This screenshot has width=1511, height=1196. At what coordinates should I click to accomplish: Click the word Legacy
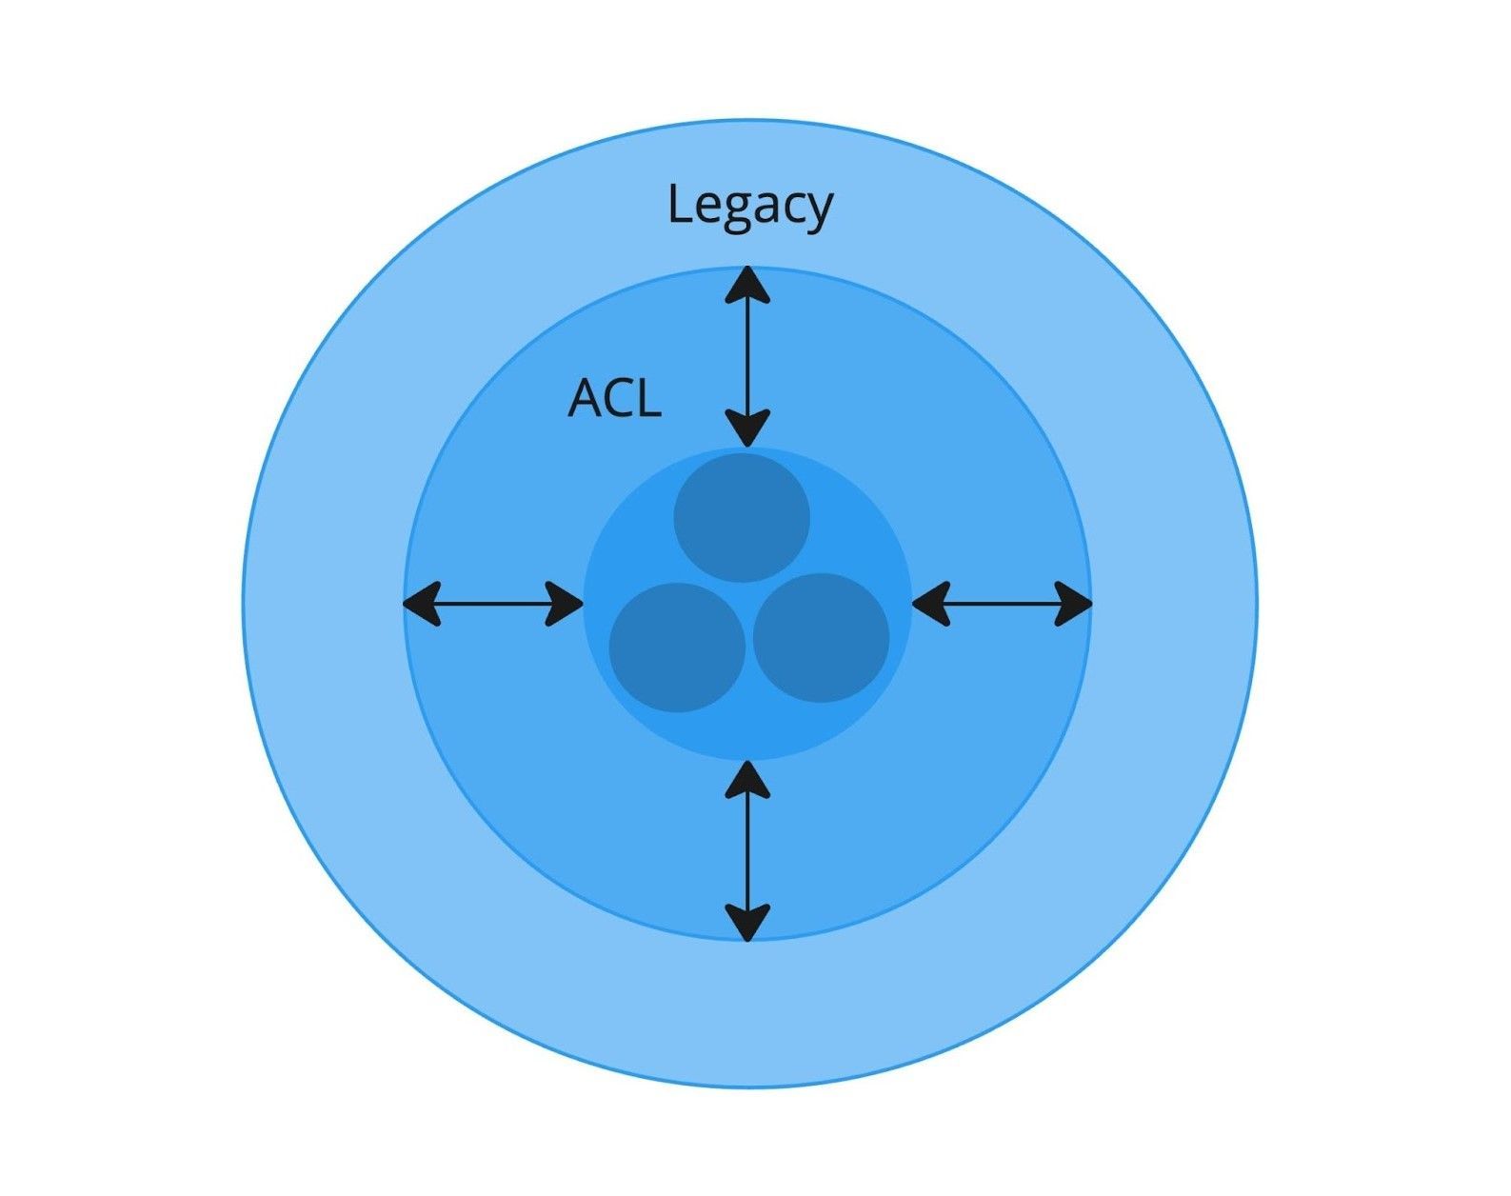point(749,206)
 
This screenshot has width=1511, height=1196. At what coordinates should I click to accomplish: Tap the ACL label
point(614,399)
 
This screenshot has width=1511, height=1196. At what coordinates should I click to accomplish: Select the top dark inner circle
point(742,517)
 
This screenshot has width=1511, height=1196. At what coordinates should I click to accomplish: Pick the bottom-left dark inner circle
point(677,648)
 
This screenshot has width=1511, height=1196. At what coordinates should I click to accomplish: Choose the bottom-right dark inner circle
point(821,637)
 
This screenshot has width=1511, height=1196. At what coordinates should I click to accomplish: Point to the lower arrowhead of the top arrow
point(747,428)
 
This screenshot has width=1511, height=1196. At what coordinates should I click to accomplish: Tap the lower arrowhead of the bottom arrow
point(747,921)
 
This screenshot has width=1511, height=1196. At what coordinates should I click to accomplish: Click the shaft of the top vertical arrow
point(747,356)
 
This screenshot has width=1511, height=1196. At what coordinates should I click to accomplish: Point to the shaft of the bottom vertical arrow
point(747,850)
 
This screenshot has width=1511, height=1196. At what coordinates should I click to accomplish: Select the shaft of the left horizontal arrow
point(493,603)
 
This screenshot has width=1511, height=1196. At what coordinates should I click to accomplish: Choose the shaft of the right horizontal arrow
point(1003,603)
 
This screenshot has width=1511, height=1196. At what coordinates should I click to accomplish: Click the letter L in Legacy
point(678,204)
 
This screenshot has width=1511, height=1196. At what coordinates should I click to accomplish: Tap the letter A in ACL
point(584,399)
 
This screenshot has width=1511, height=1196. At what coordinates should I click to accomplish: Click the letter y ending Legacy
point(818,211)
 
